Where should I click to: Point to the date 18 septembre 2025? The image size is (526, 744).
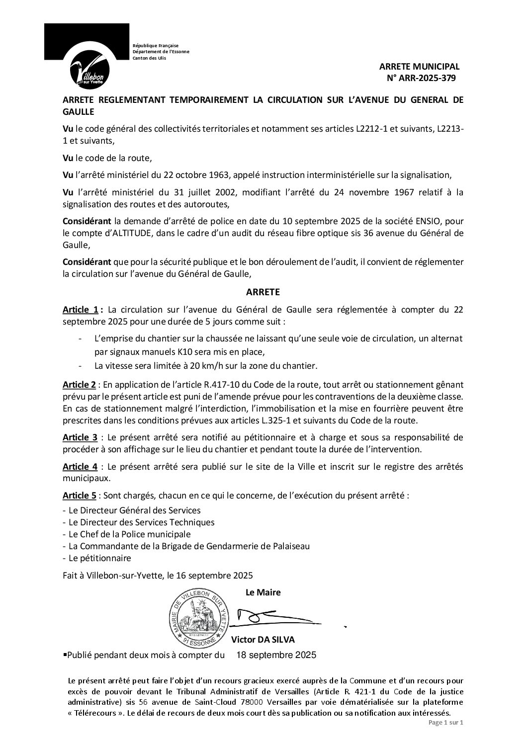276,655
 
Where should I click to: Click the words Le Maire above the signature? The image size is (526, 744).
263,592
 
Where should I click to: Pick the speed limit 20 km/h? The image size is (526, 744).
194,366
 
